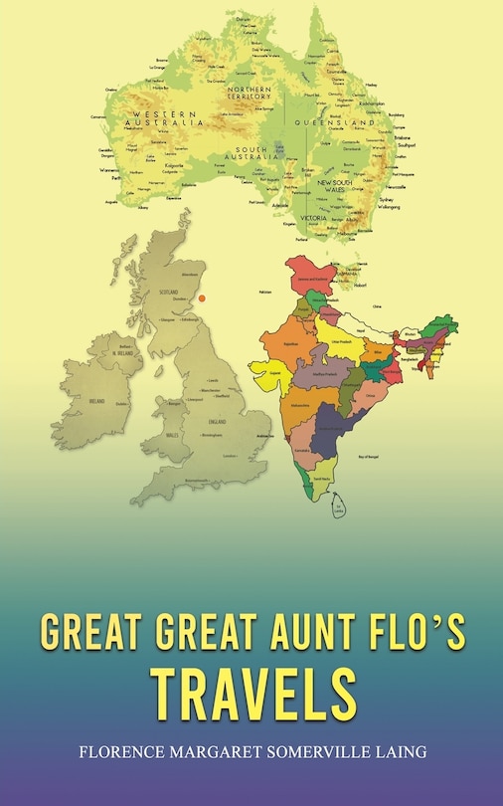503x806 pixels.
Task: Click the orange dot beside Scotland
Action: click(x=202, y=295)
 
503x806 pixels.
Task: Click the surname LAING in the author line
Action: click(x=399, y=753)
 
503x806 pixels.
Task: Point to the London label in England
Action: click(x=231, y=455)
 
